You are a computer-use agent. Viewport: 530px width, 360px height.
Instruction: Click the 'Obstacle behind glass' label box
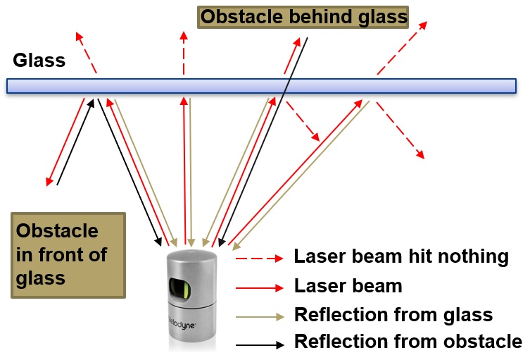point(303,17)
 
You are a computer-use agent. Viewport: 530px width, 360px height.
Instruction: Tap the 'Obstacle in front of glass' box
point(68,254)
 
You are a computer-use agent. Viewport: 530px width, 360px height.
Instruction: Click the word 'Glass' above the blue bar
point(39,61)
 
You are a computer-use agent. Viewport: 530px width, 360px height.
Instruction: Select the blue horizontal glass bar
point(260,85)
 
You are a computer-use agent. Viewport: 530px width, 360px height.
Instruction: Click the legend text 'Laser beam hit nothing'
point(400,256)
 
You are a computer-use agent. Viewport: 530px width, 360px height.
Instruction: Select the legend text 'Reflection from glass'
point(393,314)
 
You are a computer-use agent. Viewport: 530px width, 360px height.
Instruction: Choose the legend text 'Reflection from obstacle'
point(408,342)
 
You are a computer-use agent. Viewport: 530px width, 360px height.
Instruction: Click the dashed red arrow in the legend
point(258,259)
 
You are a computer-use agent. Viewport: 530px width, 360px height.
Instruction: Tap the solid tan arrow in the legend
point(258,316)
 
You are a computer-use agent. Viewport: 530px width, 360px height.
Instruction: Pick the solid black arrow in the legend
point(258,344)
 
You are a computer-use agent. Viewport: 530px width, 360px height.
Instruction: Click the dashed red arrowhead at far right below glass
point(421,154)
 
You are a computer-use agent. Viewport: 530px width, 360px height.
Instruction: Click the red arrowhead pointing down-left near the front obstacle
point(50,181)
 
